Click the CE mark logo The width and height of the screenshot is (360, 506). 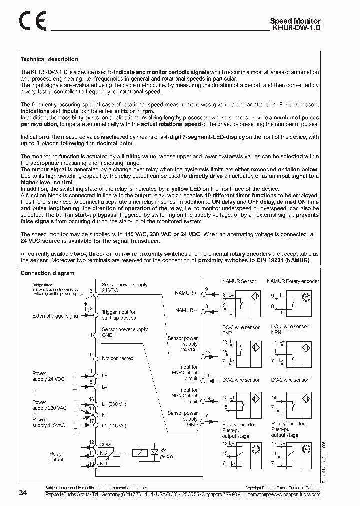coord(32,21)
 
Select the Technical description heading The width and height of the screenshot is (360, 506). coord(49,59)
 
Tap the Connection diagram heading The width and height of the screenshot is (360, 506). coord(47,273)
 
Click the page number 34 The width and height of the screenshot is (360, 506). coord(23,493)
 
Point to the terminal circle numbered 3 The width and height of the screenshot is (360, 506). coord(96,291)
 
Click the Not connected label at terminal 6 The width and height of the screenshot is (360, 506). coord(117,358)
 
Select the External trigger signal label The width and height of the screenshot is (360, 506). coord(55,316)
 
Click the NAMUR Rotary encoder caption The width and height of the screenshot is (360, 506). coord(293,282)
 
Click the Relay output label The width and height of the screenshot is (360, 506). coord(56,457)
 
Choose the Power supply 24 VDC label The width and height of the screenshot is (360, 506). coord(48,376)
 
